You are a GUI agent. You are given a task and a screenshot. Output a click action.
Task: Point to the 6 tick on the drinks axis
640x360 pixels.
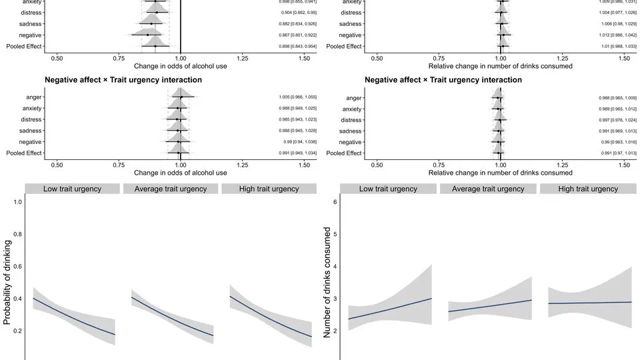pos(335,202)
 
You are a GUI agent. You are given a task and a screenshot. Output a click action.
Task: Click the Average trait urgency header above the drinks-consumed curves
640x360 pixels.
pos(488,189)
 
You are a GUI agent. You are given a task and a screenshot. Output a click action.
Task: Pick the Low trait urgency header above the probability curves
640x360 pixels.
pos(72,189)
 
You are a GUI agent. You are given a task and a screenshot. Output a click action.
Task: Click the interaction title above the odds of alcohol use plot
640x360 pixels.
pos(123,80)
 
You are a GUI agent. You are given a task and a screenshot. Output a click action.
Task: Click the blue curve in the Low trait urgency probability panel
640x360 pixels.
pos(73,317)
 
